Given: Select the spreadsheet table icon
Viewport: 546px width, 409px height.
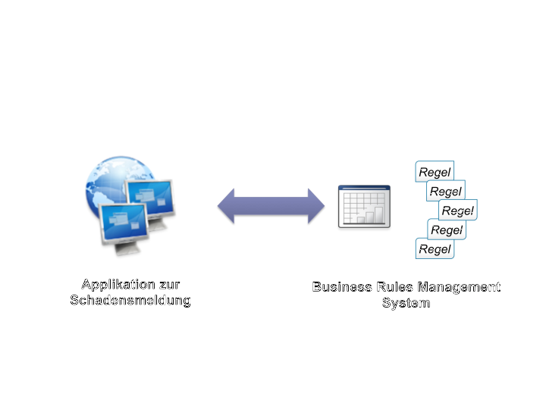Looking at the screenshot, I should click(364, 205).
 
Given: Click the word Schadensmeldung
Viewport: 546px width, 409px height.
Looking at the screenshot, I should click(130, 301).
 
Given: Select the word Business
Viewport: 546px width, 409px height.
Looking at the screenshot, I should click(342, 287).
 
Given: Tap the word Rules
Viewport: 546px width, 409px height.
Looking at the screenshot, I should click(394, 287).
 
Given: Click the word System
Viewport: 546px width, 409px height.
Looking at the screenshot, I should click(406, 303).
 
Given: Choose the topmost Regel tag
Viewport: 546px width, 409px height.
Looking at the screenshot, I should click(435, 172).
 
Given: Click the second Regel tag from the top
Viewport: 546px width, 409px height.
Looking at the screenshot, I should click(445, 191).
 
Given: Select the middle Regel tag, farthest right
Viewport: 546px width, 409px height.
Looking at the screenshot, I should click(457, 211).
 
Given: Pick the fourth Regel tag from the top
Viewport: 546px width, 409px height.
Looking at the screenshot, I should click(446, 229).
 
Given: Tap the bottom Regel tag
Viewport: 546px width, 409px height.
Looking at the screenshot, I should click(435, 248).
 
